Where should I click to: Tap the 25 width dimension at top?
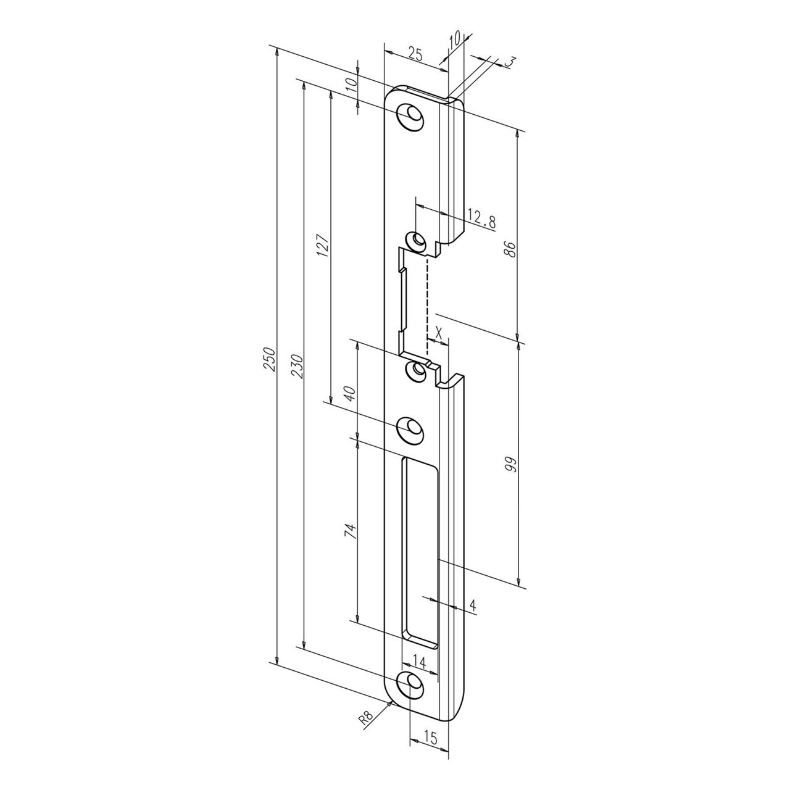[415, 55]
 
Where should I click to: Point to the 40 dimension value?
[349, 393]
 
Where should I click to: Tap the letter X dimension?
[438, 331]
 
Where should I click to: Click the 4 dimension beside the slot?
[472, 605]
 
